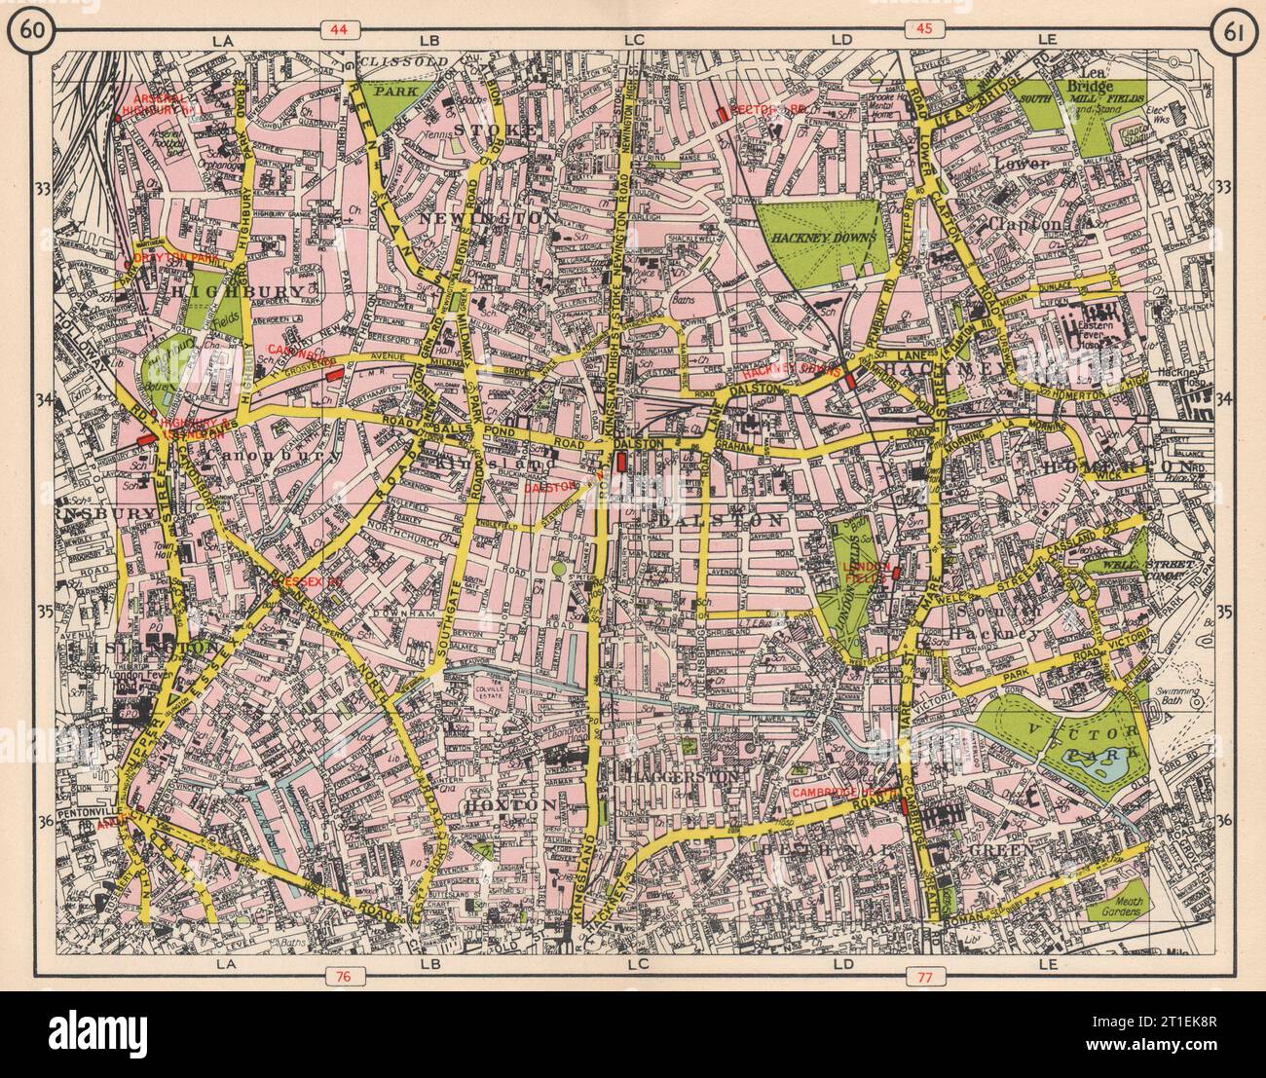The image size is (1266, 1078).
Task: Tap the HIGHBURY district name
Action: click(x=208, y=291)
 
